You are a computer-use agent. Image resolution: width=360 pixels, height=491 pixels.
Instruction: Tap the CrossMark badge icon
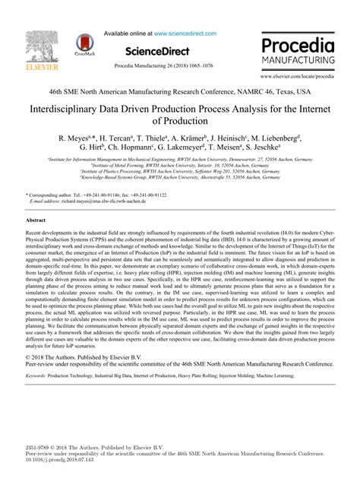coord(83,46)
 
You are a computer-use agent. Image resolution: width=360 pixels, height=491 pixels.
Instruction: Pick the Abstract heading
coord(36,219)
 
